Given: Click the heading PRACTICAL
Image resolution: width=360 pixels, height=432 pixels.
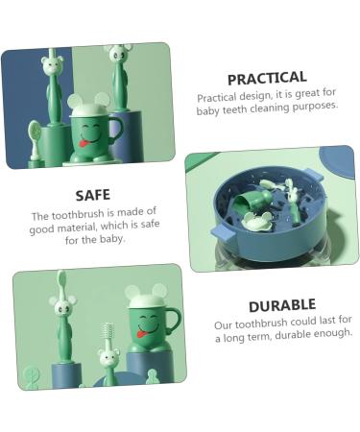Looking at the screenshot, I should point(267,78).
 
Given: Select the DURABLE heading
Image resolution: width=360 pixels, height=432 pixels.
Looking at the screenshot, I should point(281,305).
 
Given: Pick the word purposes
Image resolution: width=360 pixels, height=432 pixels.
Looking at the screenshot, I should point(319,108).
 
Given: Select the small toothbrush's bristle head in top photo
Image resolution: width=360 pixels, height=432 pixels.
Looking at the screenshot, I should point(36,130).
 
